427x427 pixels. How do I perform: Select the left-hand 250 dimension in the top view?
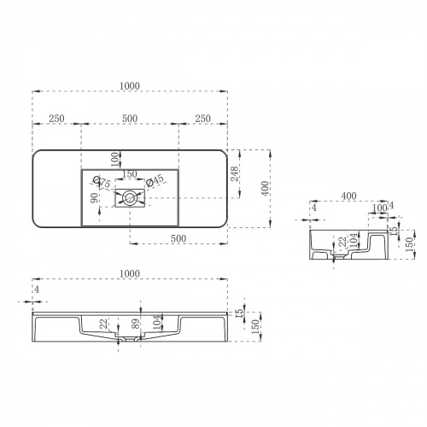[x=58, y=119]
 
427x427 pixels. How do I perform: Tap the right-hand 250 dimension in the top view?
[x=203, y=119]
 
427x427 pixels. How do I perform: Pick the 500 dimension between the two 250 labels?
[x=130, y=119]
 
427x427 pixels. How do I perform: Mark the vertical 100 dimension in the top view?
[x=116, y=160]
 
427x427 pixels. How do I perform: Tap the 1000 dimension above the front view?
[x=130, y=272]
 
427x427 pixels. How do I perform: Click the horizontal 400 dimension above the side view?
[x=348, y=196]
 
